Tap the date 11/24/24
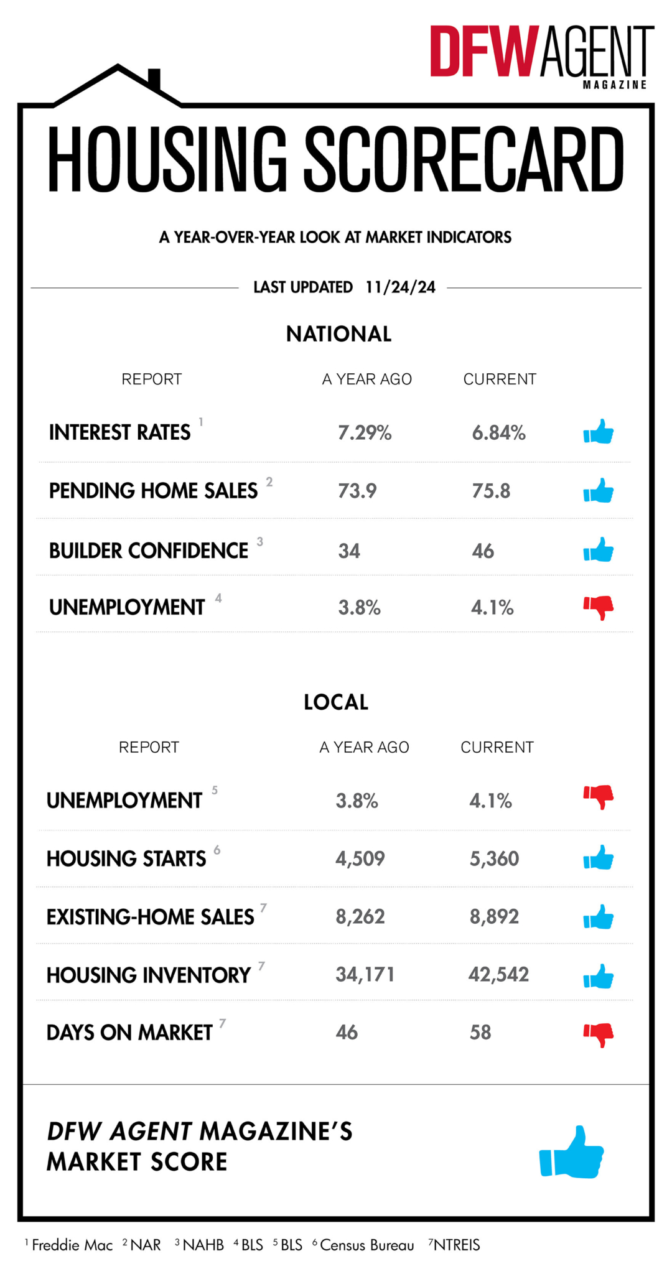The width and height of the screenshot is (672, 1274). tap(400, 287)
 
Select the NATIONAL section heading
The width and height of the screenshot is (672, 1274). tap(338, 334)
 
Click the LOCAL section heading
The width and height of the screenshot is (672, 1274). tap(336, 702)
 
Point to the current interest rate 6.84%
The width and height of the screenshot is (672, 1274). tap(498, 432)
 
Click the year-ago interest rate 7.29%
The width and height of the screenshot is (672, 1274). tap(365, 432)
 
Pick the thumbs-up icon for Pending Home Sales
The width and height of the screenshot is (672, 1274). tap(599, 491)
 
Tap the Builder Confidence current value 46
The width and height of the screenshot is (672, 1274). tap(483, 551)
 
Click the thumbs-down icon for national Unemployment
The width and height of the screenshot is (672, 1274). tap(599, 607)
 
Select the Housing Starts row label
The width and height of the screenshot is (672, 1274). tap(126, 858)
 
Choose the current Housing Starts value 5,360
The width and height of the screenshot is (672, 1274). tap(494, 858)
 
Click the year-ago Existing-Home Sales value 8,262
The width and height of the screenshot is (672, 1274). tap(360, 916)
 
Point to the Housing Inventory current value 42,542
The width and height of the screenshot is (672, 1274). tap(498, 974)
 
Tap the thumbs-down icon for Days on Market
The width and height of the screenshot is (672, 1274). tap(599, 1034)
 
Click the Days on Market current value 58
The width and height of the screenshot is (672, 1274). tap(480, 1033)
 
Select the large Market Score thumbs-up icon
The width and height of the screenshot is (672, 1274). tap(572, 1153)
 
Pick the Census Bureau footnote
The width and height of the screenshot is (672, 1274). tap(366, 1245)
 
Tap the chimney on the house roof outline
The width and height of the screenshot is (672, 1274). tap(154, 80)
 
